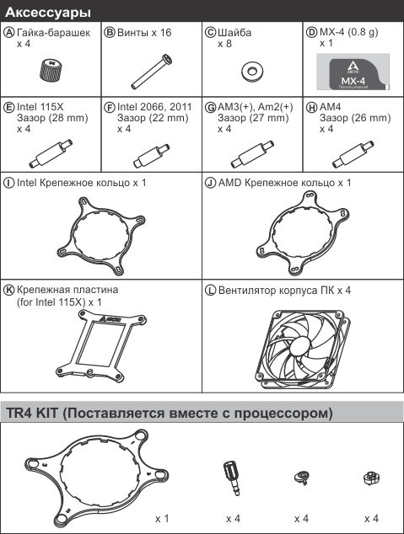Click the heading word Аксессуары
tap(48, 13)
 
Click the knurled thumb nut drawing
tap(51, 70)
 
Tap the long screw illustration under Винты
tap(152, 72)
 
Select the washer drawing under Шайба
tap(252, 72)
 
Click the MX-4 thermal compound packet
tap(353, 72)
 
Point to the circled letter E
tap(8, 107)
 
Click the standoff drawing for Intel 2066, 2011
tap(151, 157)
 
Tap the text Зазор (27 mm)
tap(253, 118)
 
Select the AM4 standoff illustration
tap(353, 155)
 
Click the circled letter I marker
tap(8, 183)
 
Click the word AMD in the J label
tap(229, 183)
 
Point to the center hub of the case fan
tap(301, 344)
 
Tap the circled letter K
tap(8, 290)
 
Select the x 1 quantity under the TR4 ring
tap(162, 519)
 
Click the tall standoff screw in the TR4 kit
tap(232, 478)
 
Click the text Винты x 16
tap(144, 33)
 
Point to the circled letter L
tap(210, 291)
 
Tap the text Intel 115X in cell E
tap(40, 107)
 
